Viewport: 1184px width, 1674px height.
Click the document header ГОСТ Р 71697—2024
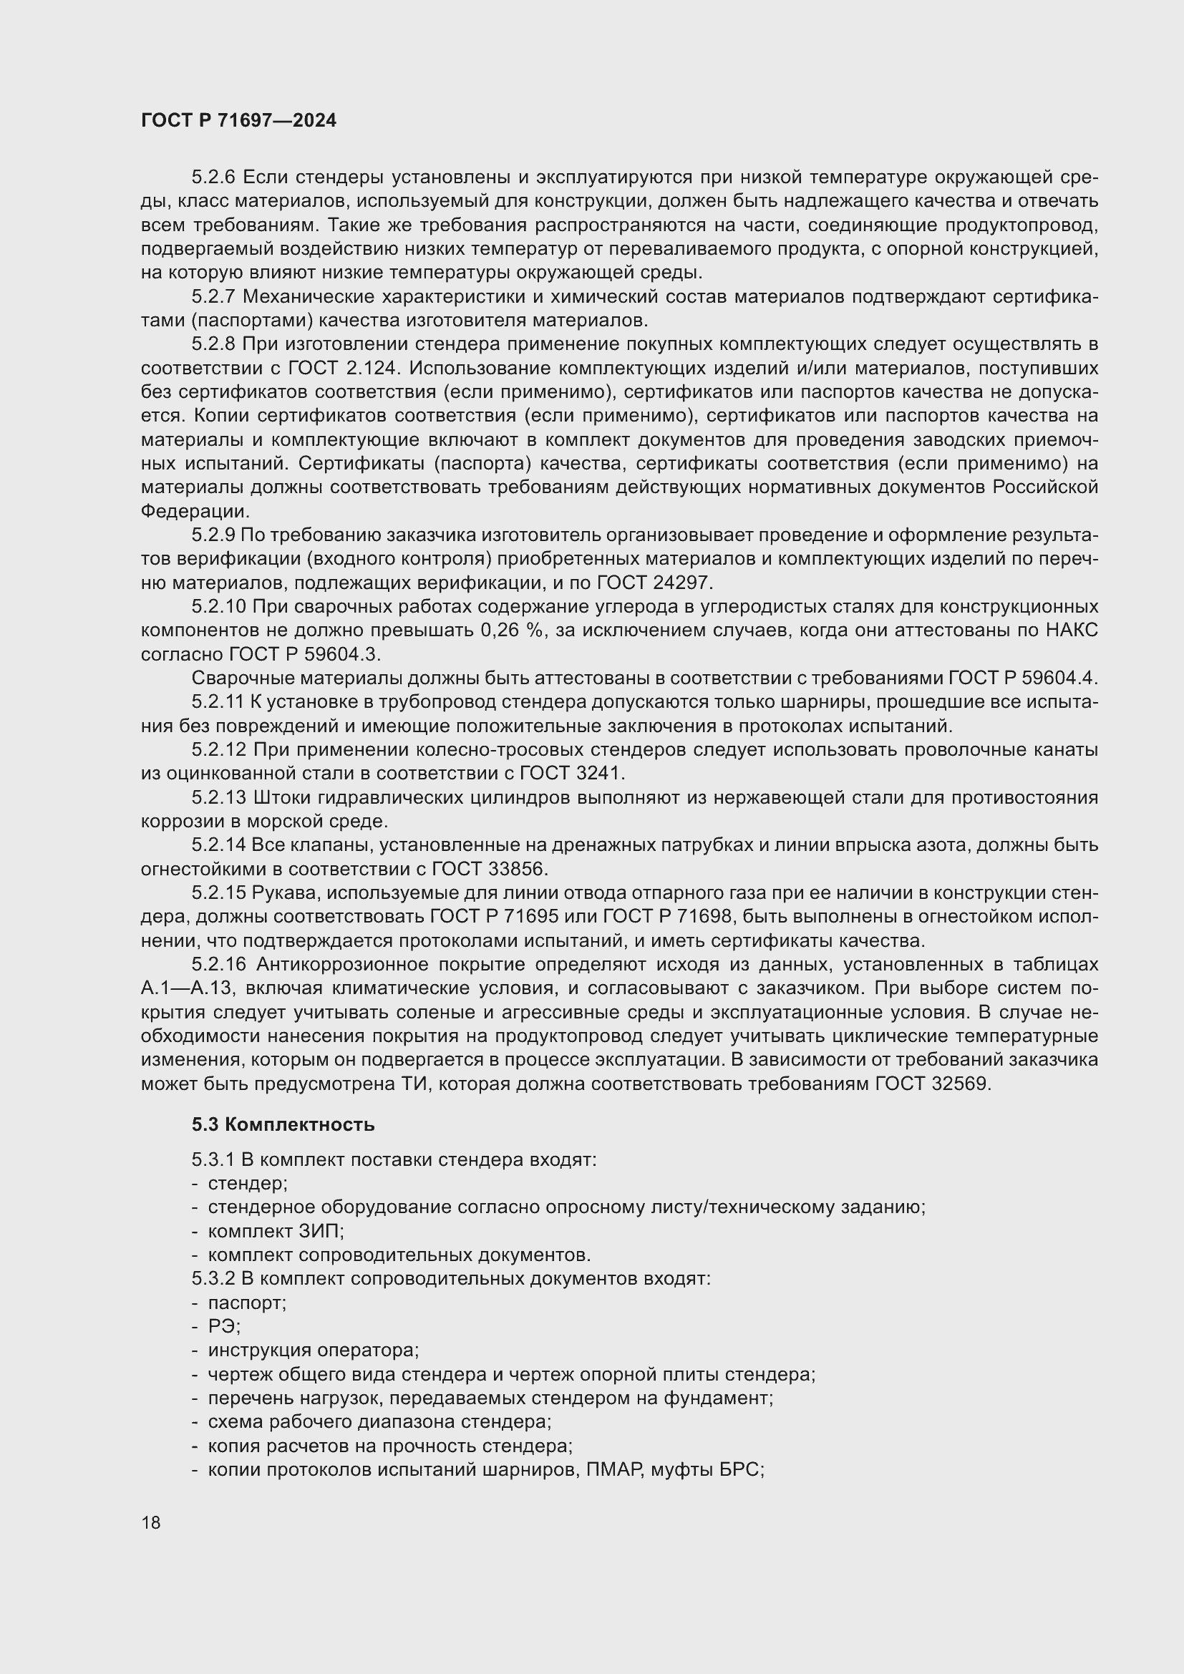[238, 121]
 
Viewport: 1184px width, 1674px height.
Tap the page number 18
[151, 1522]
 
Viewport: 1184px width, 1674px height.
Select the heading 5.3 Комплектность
[283, 1124]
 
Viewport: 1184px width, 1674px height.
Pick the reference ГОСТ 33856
[488, 869]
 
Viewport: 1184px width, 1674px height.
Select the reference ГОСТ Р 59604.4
[1022, 678]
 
